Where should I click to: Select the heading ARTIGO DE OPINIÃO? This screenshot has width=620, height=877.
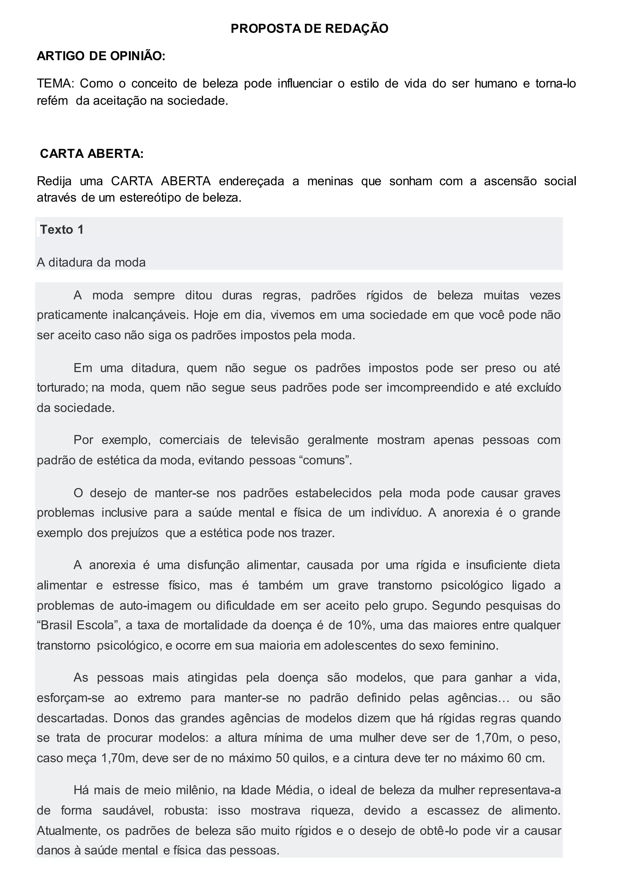[101, 56]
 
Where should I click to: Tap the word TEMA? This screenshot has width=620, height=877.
[55, 83]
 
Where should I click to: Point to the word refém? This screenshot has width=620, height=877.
[52, 101]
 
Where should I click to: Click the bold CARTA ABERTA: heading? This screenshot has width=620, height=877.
[92, 154]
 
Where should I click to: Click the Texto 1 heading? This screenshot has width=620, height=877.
[62, 230]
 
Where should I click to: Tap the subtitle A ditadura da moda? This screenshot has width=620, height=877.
[91, 263]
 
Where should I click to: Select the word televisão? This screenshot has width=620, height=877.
[275, 440]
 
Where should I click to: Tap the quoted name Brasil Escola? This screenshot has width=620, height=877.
[79, 625]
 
